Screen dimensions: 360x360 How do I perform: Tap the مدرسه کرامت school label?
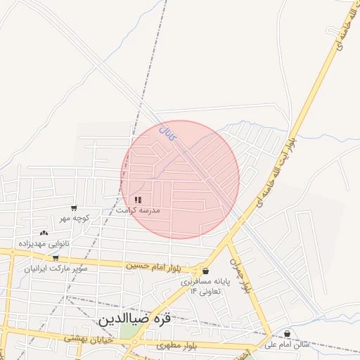click(x=139, y=210)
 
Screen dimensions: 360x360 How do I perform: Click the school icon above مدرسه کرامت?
click(x=138, y=200)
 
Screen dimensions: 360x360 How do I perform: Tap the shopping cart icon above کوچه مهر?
click(x=74, y=208)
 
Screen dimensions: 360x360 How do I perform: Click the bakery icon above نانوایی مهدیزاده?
click(x=44, y=233)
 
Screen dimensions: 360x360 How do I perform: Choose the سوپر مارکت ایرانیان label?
click(x=56, y=268)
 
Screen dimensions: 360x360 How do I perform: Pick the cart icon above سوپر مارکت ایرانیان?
click(x=56, y=258)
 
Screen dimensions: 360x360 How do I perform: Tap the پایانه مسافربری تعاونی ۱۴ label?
click(x=205, y=285)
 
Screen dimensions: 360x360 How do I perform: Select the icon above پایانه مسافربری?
click(x=205, y=271)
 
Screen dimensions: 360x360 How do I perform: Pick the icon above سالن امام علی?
click(x=287, y=333)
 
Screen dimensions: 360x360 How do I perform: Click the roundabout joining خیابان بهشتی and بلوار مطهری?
click(x=135, y=342)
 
